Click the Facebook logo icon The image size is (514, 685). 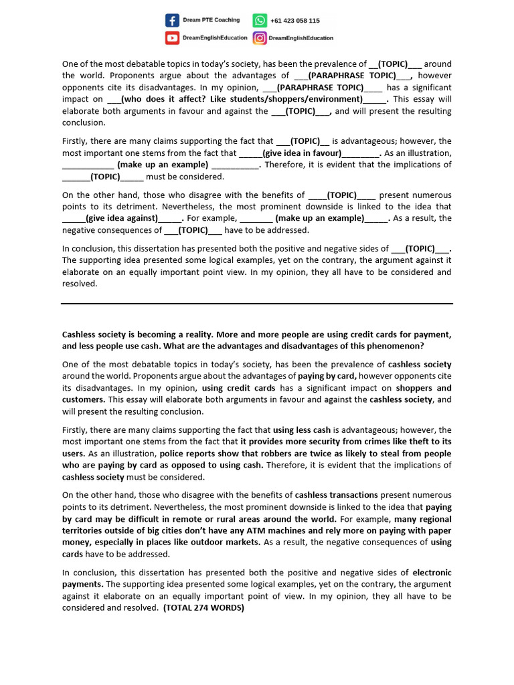tap(172, 21)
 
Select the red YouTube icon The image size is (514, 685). tap(172, 38)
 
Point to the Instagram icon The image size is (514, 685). tap(260, 38)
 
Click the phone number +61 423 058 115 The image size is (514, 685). tap(295, 21)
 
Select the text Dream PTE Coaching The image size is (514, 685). tap(211, 20)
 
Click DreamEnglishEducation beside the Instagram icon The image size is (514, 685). tap(301, 38)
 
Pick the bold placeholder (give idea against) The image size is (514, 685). tap(122, 218)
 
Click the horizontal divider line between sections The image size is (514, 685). tap(257, 304)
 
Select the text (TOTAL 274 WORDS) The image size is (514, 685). tap(203, 608)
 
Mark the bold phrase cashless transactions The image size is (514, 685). tap(337, 495)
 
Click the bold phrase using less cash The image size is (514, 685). tap(301, 430)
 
